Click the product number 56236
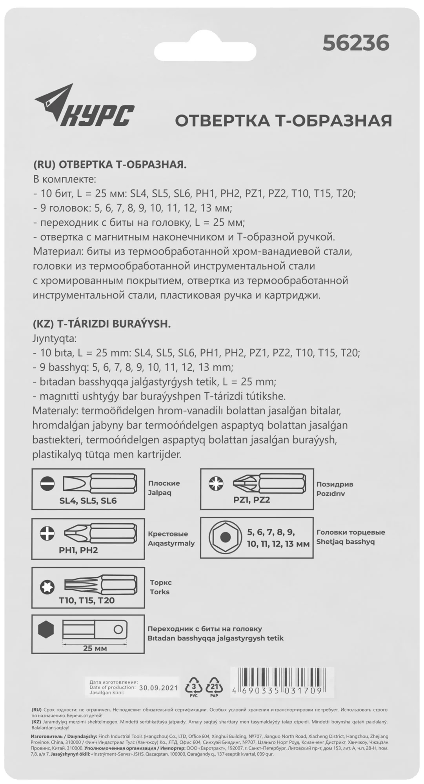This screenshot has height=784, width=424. (356, 43)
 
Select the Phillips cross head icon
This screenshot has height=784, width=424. (47, 533)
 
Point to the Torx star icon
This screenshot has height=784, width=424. (47, 587)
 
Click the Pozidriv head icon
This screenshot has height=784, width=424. (216, 484)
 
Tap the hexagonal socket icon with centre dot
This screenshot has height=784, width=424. (225, 537)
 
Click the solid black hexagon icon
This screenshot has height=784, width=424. (47, 630)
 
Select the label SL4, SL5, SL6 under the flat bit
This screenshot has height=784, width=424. (88, 501)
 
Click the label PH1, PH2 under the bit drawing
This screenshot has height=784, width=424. (78, 550)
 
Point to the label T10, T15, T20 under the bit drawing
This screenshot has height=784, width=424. (87, 600)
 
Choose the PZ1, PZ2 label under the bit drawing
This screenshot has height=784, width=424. (251, 500)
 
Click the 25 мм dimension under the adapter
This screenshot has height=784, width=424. (95, 648)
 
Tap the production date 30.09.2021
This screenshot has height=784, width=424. (158, 688)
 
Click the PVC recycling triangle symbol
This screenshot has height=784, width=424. (193, 686)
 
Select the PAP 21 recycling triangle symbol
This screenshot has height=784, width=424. (214, 686)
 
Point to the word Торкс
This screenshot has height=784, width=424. (161, 583)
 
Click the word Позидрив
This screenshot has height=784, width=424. (335, 484)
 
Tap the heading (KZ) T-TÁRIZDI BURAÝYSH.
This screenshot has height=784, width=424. (102, 324)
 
